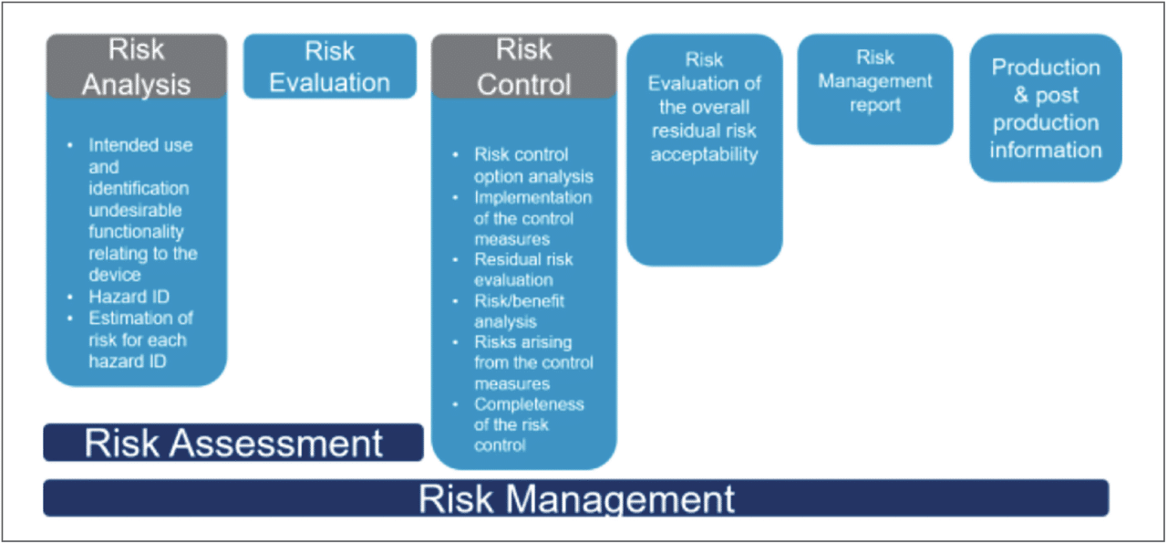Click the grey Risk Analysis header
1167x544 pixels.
tap(136, 66)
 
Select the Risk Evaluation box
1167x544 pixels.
tap(329, 66)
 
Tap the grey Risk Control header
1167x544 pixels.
tap(523, 66)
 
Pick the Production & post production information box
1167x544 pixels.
tap(1045, 108)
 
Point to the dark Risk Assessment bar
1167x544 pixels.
tap(233, 443)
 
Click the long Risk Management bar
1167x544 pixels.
tap(575, 498)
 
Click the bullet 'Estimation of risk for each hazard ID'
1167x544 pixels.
tap(139, 340)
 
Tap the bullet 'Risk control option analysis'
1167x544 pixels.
tap(532, 165)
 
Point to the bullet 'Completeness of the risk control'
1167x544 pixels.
tap(528, 424)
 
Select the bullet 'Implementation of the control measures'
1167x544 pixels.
tap(532, 218)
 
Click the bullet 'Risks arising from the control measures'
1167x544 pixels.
tap(532, 362)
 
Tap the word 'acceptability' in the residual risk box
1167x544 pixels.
tap(704, 154)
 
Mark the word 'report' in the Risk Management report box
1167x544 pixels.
tap(874, 105)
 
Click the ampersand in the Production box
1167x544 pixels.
tap(1020, 95)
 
